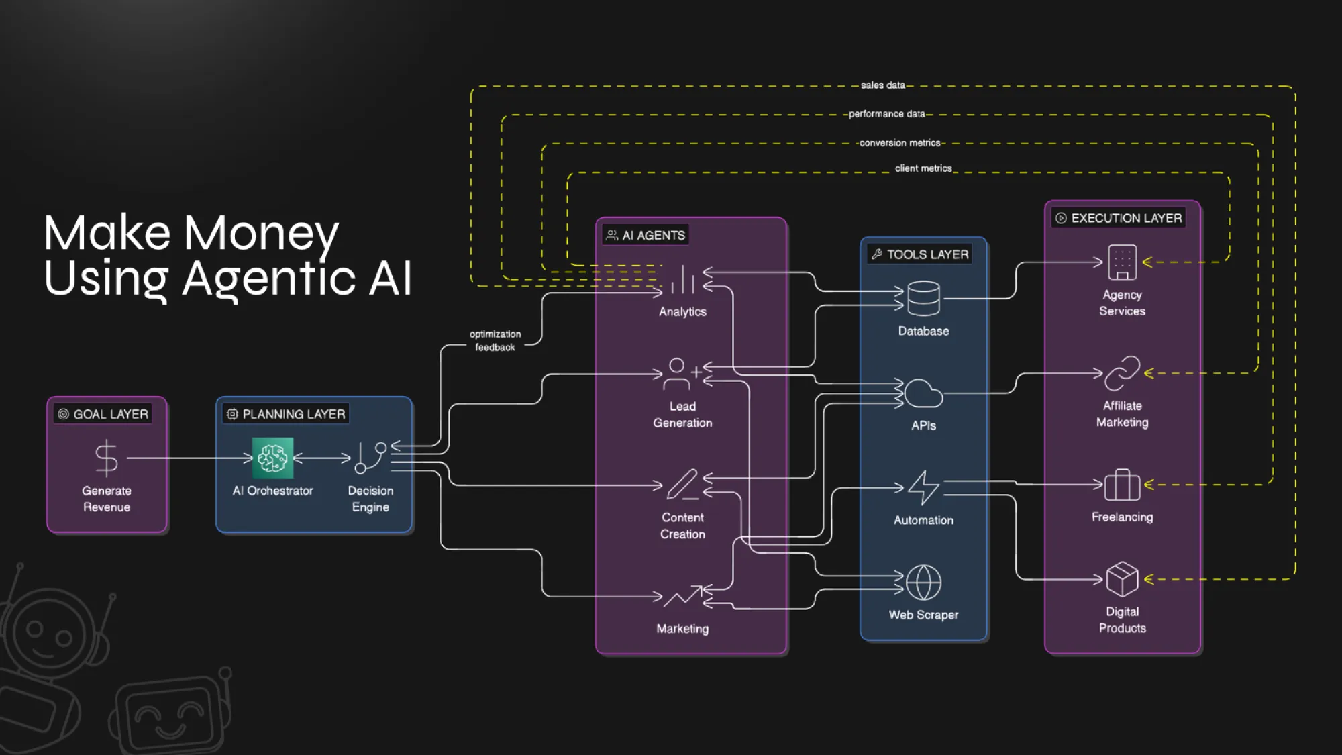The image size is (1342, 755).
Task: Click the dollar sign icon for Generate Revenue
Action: (x=107, y=458)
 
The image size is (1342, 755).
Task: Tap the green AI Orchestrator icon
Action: (x=272, y=458)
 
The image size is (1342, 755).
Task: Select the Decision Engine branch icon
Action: (x=370, y=458)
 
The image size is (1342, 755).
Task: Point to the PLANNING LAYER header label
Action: (x=287, y=414)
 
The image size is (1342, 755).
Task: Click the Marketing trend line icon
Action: (x=682, y=595)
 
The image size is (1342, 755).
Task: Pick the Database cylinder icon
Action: (x=923, y=299)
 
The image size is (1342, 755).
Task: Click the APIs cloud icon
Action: (x=923, y=393)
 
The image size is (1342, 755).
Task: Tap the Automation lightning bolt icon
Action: (x=923, y=488)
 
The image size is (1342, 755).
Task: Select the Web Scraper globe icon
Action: (x=923, y=582)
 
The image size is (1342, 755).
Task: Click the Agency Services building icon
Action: (x=1122, y=262)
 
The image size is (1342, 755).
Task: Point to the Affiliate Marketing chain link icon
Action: (x=1122, y=373)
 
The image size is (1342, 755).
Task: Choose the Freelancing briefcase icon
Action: (x=1122, y=485)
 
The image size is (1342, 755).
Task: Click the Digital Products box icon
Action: (x=1122, y=579)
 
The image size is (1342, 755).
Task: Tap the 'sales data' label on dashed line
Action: (x=882, y=85)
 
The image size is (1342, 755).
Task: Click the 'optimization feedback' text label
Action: (x=495, y=340)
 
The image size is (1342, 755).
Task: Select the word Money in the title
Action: (x=261, y=233)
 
